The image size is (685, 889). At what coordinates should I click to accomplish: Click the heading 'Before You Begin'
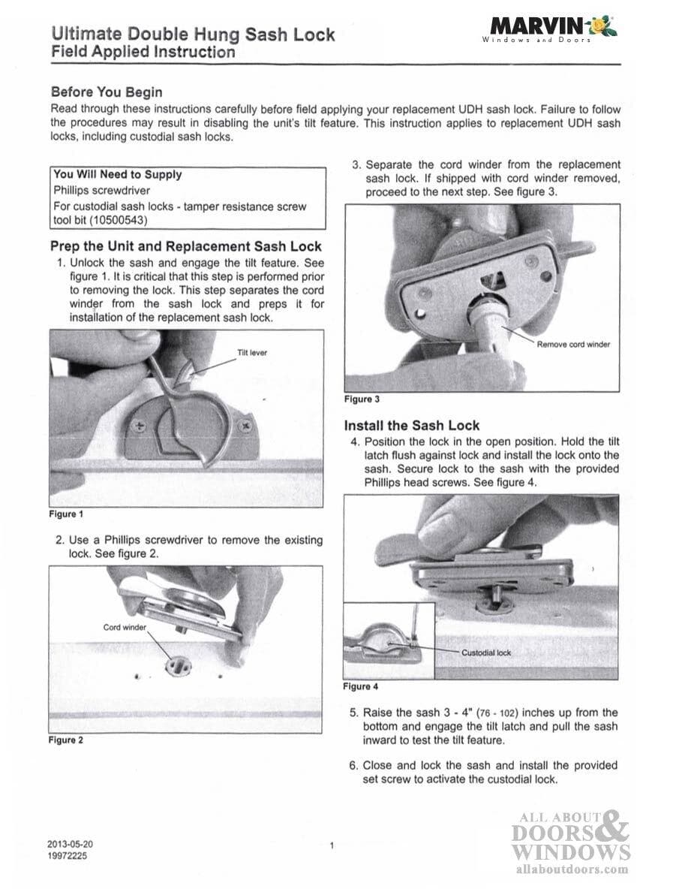coord(106,92)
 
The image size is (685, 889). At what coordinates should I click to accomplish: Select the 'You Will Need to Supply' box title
coord(117,174)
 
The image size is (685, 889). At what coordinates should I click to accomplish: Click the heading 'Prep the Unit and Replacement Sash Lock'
coord(185,246)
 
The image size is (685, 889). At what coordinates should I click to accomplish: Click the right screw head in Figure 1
coord(244,426)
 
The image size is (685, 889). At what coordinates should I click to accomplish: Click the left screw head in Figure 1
coord(138,426)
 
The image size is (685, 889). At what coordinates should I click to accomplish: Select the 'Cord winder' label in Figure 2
coord(125,626)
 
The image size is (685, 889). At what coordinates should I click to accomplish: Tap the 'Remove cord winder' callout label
coord(573,345)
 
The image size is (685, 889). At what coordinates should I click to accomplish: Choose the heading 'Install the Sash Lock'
coord(411,425)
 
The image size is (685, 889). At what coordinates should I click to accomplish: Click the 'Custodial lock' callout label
coord(485,652)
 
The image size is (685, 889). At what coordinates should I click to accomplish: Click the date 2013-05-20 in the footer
coord(70,843)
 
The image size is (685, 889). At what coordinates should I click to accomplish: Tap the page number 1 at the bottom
coord(331,845)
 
